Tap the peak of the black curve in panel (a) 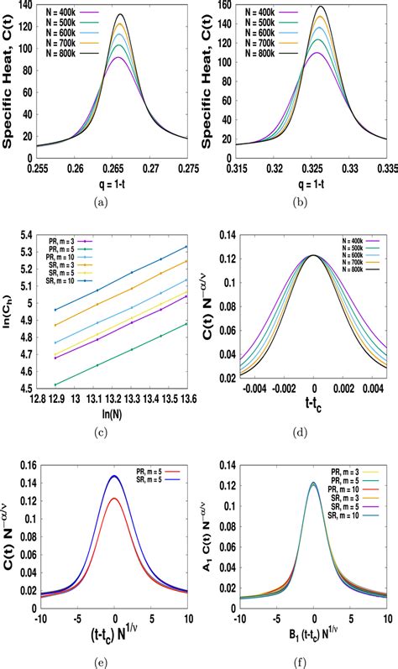coord(122,15)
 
